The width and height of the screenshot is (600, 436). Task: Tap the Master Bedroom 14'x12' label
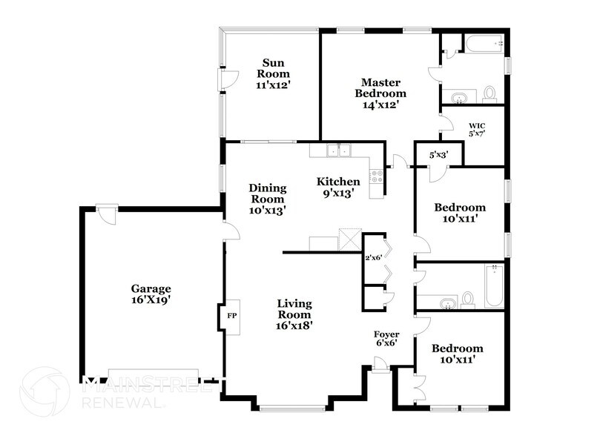click(380, 93)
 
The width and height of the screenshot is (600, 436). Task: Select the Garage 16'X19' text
click(151, 294)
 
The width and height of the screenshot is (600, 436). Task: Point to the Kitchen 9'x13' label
click(338, 187)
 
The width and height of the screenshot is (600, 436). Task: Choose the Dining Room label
click(267, 199)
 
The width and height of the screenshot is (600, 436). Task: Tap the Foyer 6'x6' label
click(386, 339)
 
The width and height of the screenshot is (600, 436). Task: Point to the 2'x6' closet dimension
click(372, 258)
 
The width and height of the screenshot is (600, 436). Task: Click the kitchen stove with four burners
click(377, 176)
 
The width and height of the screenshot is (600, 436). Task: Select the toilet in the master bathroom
click(489, 93)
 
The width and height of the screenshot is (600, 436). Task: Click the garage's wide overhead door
click(154, 373)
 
